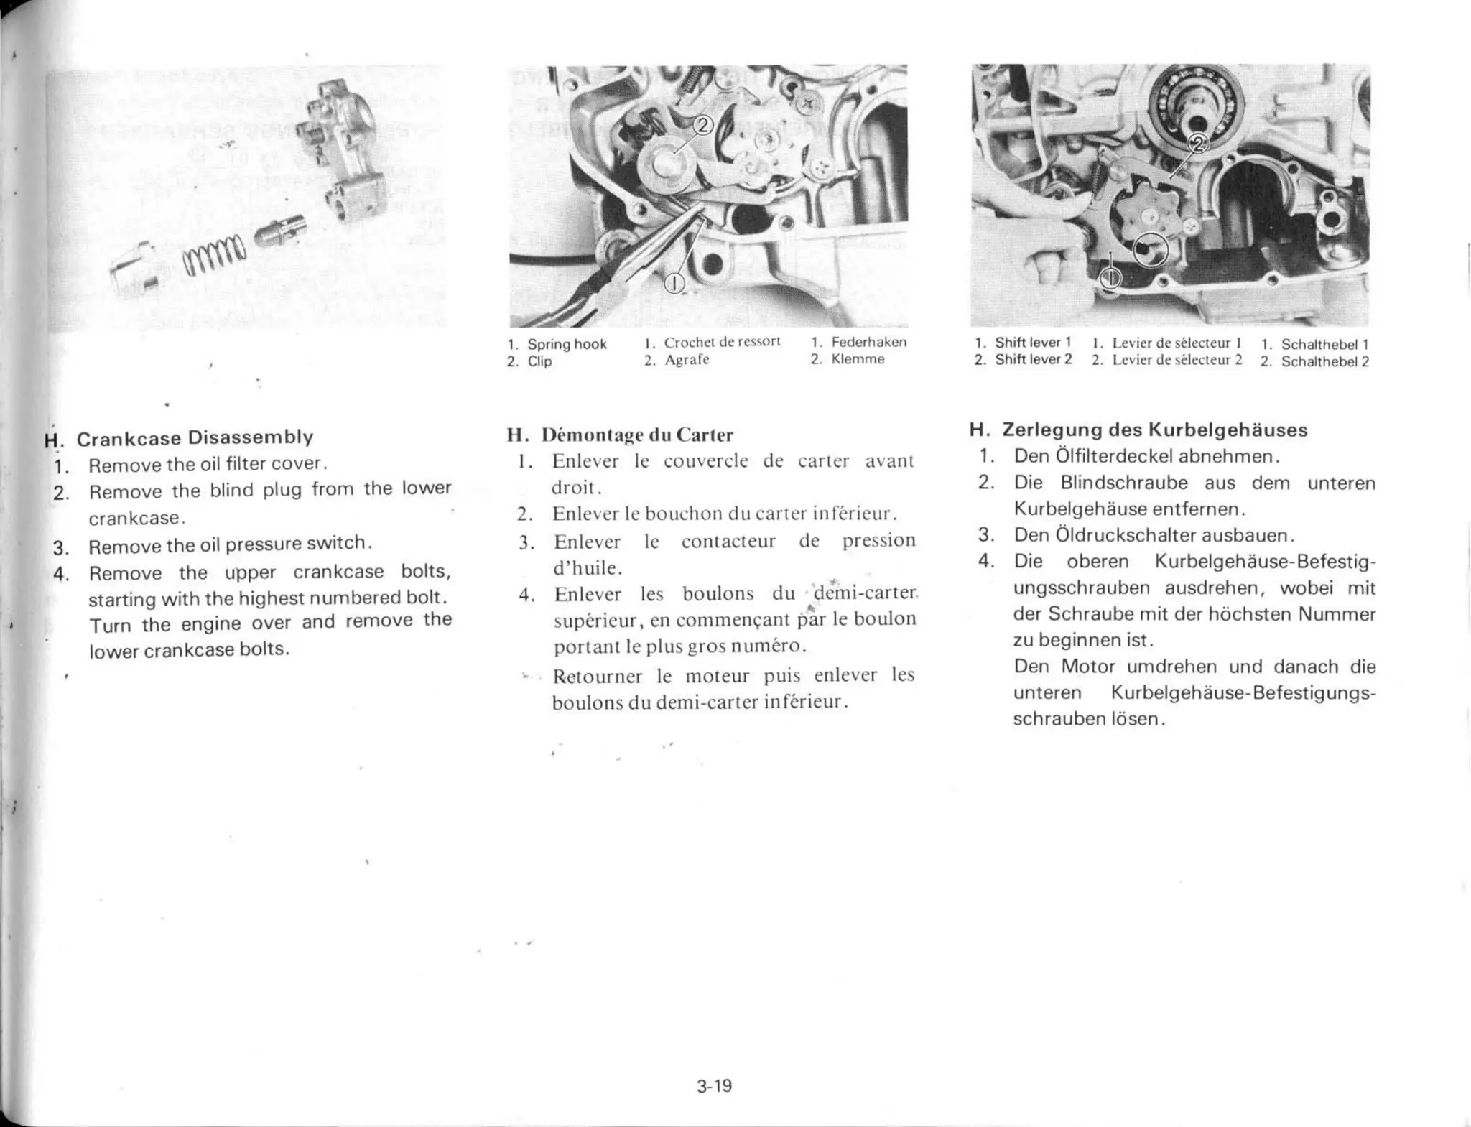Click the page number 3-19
[x=714, y=1085]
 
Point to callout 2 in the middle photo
[x=702, y=126]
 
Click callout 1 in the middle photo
[x=674, y=284]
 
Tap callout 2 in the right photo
[x=1197, y=144]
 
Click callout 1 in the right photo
[x=1110, y=277]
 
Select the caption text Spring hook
[x=567, y=344]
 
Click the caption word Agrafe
[x=687, y=360]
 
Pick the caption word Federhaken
[x=868, y=342]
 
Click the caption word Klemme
[x=858, y=359]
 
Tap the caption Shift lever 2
[x=1033, y=359]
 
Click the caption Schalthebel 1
[x=1324, y=344]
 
